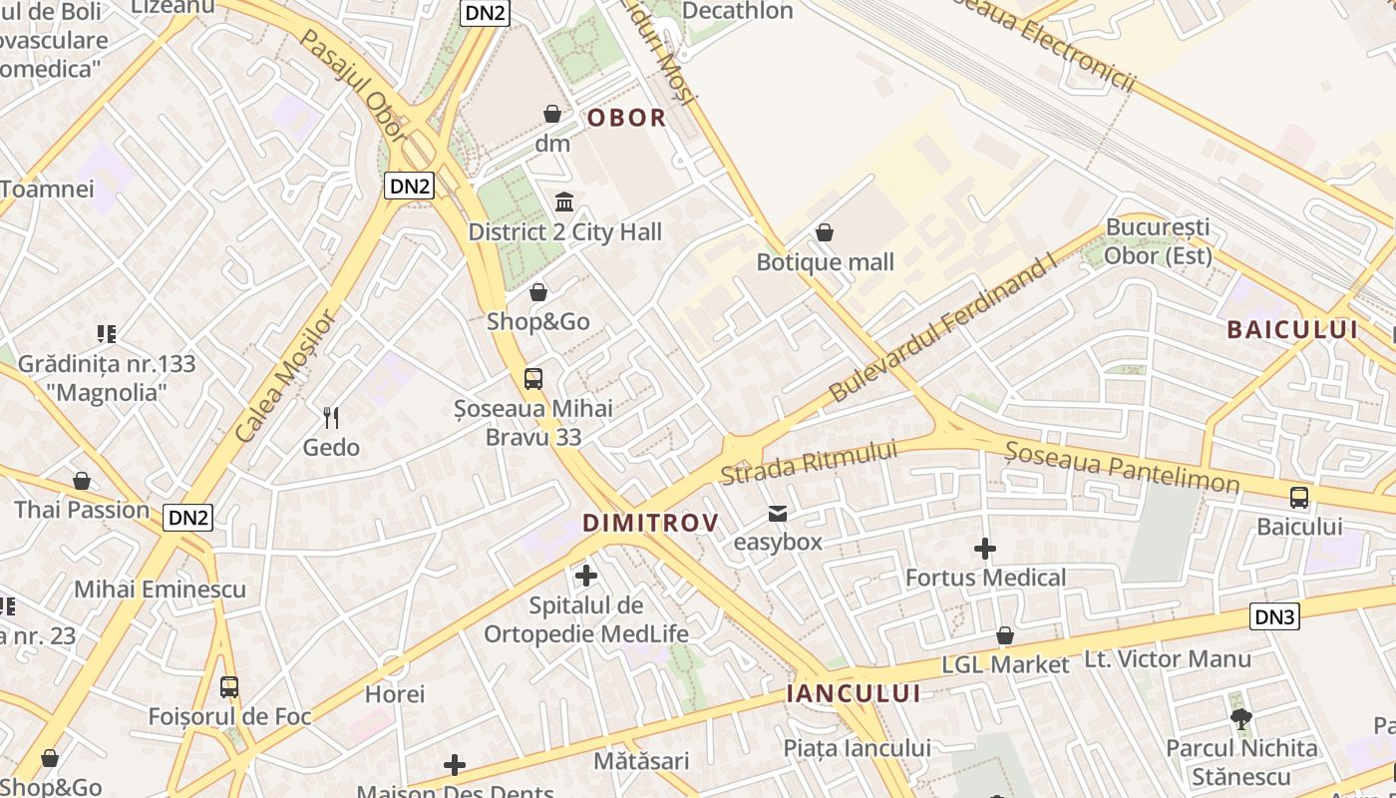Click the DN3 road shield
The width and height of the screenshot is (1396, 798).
(1274, 616)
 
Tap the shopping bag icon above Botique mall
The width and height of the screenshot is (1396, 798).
(825, 233)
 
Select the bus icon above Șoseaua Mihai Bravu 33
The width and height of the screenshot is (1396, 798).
(533, 379)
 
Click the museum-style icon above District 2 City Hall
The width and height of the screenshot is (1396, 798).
(564, 202)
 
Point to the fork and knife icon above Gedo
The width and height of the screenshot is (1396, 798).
(331, 417)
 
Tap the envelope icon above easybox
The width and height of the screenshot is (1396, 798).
(778, 514)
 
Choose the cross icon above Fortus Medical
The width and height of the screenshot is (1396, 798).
(985, 549)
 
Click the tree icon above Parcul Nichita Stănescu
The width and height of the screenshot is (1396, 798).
(1241, 718)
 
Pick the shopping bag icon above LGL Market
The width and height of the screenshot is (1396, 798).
(1005, 635)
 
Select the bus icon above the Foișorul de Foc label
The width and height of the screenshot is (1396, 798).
(229, 686)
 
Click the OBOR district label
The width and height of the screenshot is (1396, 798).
(626, 118)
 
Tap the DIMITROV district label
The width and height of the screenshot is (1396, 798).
(650, 523)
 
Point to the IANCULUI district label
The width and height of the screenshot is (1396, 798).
(853, 693)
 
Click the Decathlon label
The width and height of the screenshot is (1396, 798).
(738, 11)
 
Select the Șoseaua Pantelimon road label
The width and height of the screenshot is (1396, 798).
(1122, 467)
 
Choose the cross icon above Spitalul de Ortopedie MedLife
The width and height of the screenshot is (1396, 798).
(586, 576)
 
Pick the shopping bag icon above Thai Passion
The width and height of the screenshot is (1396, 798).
(82, 482)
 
